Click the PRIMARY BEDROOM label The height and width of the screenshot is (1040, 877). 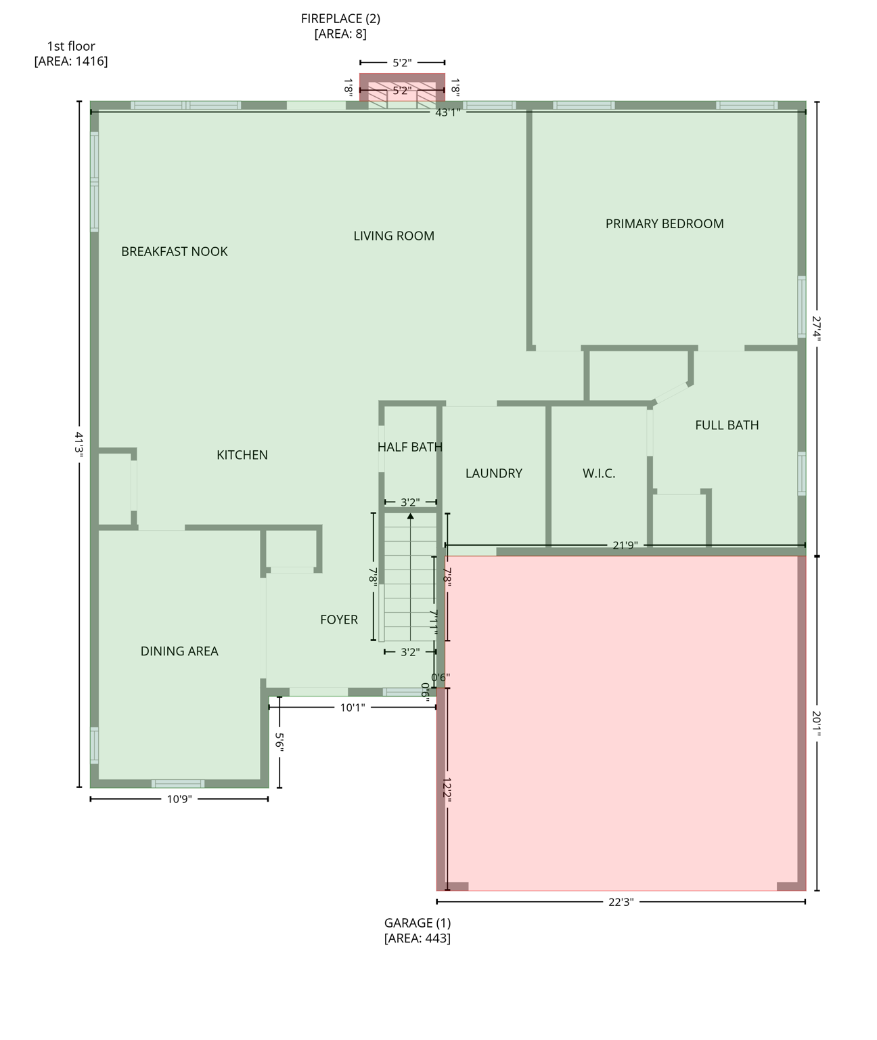[664, 224]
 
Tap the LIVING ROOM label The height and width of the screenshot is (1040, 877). [394, 236]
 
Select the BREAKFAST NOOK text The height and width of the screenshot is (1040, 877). [174, 252]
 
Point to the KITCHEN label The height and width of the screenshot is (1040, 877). [242, 456]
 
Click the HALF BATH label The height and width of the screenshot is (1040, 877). [409, 448]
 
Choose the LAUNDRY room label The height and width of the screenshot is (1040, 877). [493, 474]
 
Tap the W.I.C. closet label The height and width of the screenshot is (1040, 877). [599, 474]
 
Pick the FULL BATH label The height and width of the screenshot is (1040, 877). [727, 426]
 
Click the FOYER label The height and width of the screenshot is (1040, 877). [338, 620]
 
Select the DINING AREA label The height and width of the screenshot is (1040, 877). [179, 651]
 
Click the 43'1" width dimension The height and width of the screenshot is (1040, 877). [447, 113]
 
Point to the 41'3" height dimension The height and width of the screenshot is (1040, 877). [79, 445]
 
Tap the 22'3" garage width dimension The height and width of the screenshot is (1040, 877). [621, 902]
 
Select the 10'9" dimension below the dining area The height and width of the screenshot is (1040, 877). [179, 800]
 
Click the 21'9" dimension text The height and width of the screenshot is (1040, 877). [625, 545]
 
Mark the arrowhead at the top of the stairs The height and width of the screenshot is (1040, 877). [410, 516]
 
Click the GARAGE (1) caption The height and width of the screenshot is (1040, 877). [417, 923]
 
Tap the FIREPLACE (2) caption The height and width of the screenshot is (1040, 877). [340, 19]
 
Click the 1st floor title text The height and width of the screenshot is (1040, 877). [71, 47]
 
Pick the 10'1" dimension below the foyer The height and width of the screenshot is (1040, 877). [352, 708]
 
